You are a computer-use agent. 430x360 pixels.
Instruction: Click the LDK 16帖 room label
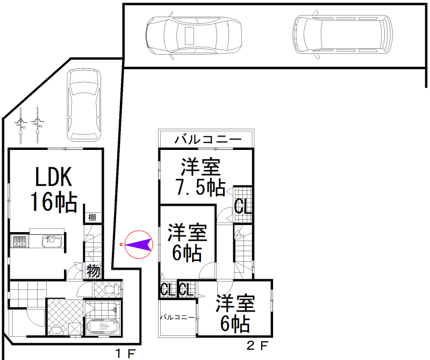point(54,189)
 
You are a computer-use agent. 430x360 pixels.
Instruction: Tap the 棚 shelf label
point(92,218)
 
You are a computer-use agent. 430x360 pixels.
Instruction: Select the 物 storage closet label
point(93,271)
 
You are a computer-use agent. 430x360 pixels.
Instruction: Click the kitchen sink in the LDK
point(52,242)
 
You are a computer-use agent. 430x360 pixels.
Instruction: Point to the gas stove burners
point(19,242)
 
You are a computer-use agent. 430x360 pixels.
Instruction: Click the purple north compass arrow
point(139,244)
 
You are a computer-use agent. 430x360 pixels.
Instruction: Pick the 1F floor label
point(125,353)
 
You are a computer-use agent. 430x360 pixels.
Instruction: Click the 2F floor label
point(257,345)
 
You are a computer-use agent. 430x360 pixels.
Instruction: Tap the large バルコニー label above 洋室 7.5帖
point(208,140)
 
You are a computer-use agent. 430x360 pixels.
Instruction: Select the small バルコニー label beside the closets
point(177,317)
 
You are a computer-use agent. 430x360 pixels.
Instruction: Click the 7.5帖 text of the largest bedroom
point(200,188)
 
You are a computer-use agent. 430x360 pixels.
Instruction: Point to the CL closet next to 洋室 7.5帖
point(243,206)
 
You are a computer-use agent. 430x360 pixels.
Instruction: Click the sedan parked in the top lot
point(193,35)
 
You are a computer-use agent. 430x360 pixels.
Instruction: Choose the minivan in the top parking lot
point(342,34)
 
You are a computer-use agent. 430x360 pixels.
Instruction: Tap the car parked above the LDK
point(84,105)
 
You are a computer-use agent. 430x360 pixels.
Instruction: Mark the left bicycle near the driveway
point(20,125)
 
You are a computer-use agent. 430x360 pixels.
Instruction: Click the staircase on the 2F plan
point(243,251)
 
